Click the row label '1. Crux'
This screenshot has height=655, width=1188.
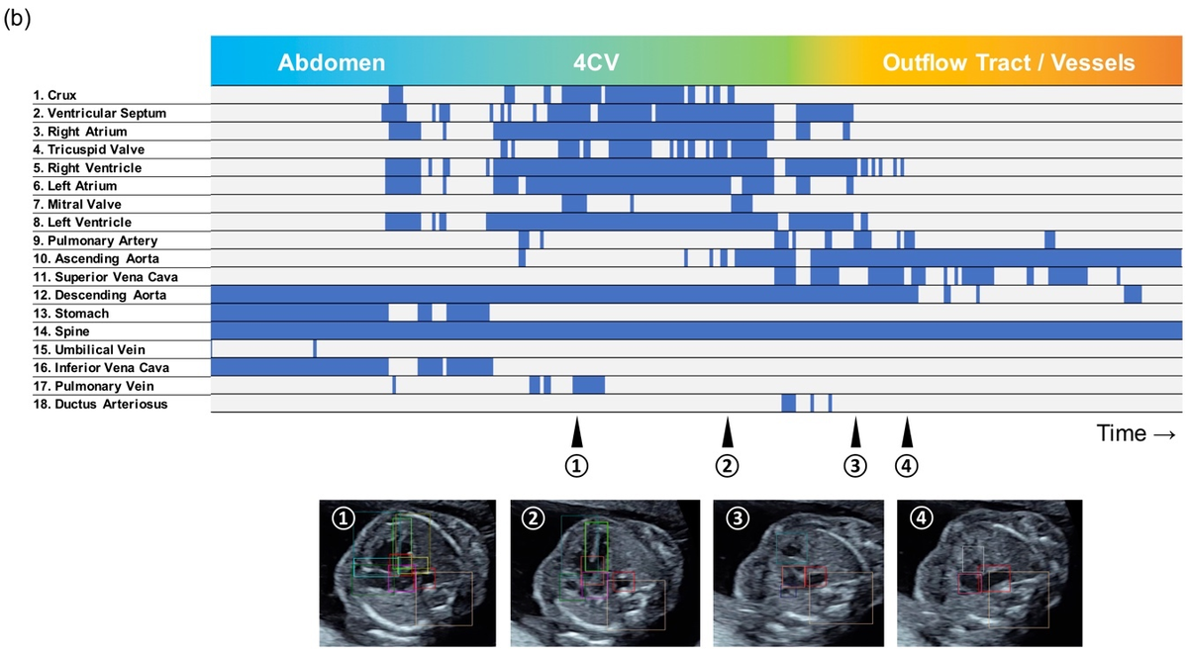pos(54,95)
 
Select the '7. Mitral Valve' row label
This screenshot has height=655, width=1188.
pos(77,205)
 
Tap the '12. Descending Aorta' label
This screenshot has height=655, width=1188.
pos(100,295)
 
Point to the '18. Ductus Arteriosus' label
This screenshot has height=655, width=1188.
pos(100,405)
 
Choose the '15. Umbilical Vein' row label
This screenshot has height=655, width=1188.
pos(89,349)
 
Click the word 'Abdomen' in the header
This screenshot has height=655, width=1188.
pos(332,62)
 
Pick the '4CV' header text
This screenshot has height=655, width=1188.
pos(596,62)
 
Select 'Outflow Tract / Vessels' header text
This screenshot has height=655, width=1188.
pos(1008,62)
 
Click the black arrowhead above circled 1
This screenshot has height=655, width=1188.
pos(577,432)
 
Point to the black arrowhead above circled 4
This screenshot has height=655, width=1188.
pos(907,432)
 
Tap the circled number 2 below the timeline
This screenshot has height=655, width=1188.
pos(727,466)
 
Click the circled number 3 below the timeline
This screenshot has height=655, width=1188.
pos(855,466)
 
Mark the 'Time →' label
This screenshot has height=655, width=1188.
pos(1136,433)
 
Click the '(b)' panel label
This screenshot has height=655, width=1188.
pos(17,19)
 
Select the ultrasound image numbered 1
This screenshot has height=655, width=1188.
pos(407,573)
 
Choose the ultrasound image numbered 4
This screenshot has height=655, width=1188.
pos(990,573)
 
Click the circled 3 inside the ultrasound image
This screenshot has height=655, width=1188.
pos(738,517)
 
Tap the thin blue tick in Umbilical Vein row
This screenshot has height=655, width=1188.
pos(315,349)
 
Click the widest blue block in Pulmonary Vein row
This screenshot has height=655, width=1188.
pos(589,385)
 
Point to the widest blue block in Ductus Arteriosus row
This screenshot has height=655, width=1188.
pos(789,404)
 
